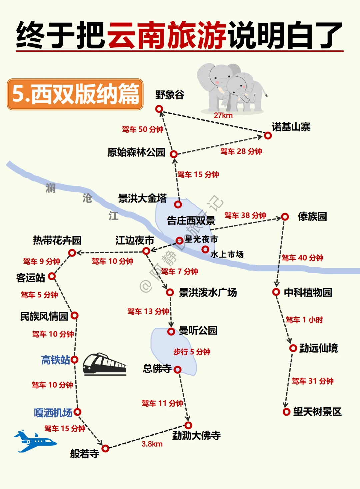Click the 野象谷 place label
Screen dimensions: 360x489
(x=170, y=95)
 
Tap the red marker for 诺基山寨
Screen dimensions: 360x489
(x=268, y=135)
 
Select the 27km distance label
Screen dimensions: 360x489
(x=223, y=116)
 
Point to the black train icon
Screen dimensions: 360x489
(x=104, y=364)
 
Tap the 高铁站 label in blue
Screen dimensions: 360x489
(x=55, y=360)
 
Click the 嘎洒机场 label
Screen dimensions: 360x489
(x=53, y=413)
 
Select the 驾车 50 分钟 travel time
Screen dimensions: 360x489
(x=143, y=129)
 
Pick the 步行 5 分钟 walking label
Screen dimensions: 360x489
(x=192, y=352)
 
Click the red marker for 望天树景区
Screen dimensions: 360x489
(x=286, y=412)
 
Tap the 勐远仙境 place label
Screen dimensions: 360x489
(x=318, y=348)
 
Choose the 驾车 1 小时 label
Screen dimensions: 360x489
(x=304, y=320)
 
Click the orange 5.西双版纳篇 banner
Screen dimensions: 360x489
(x=75, y=94)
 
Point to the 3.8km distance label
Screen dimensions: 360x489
(x=152, y=444)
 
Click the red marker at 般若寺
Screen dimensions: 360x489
(x=105, y=448)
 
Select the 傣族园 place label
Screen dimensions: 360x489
(x=312, y=216)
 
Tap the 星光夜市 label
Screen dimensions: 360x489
(x=201, y=239)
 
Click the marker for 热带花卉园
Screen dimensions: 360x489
(x=72, y=253)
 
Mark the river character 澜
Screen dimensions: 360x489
(x=51, y=188)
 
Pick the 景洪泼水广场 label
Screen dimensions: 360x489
(x=208, y=293)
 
